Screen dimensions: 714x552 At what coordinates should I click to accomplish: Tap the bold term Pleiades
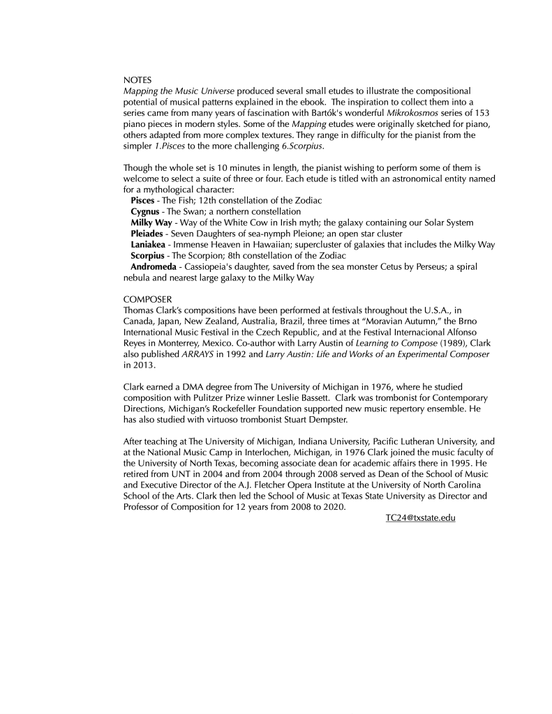tap(148, 233)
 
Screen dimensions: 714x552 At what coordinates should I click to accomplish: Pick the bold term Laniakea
tap(148, 244)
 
